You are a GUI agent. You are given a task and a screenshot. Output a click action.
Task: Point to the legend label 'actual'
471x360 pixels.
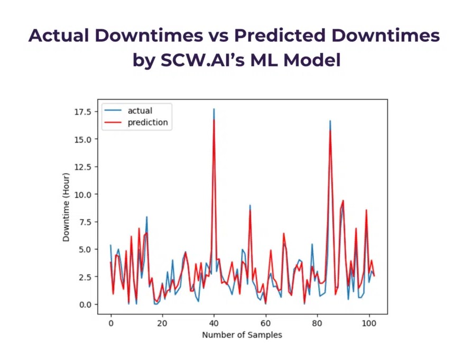click(140, 111)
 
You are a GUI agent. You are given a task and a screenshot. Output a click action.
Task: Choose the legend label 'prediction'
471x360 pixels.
click(147, 123)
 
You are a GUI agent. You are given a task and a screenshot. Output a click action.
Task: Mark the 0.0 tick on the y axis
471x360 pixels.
click(87, 304)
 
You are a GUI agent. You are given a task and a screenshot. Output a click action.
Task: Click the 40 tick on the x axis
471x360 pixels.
click(214, 323)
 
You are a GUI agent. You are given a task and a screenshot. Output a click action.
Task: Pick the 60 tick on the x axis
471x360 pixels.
click(265, 323)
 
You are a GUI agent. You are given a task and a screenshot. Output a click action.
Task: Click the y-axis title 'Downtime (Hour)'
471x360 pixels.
click(66, 207)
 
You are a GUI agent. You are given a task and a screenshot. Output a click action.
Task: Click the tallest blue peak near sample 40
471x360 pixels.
click(214, 109)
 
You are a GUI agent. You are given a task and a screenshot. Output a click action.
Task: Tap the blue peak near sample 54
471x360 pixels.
click(250, 205)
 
